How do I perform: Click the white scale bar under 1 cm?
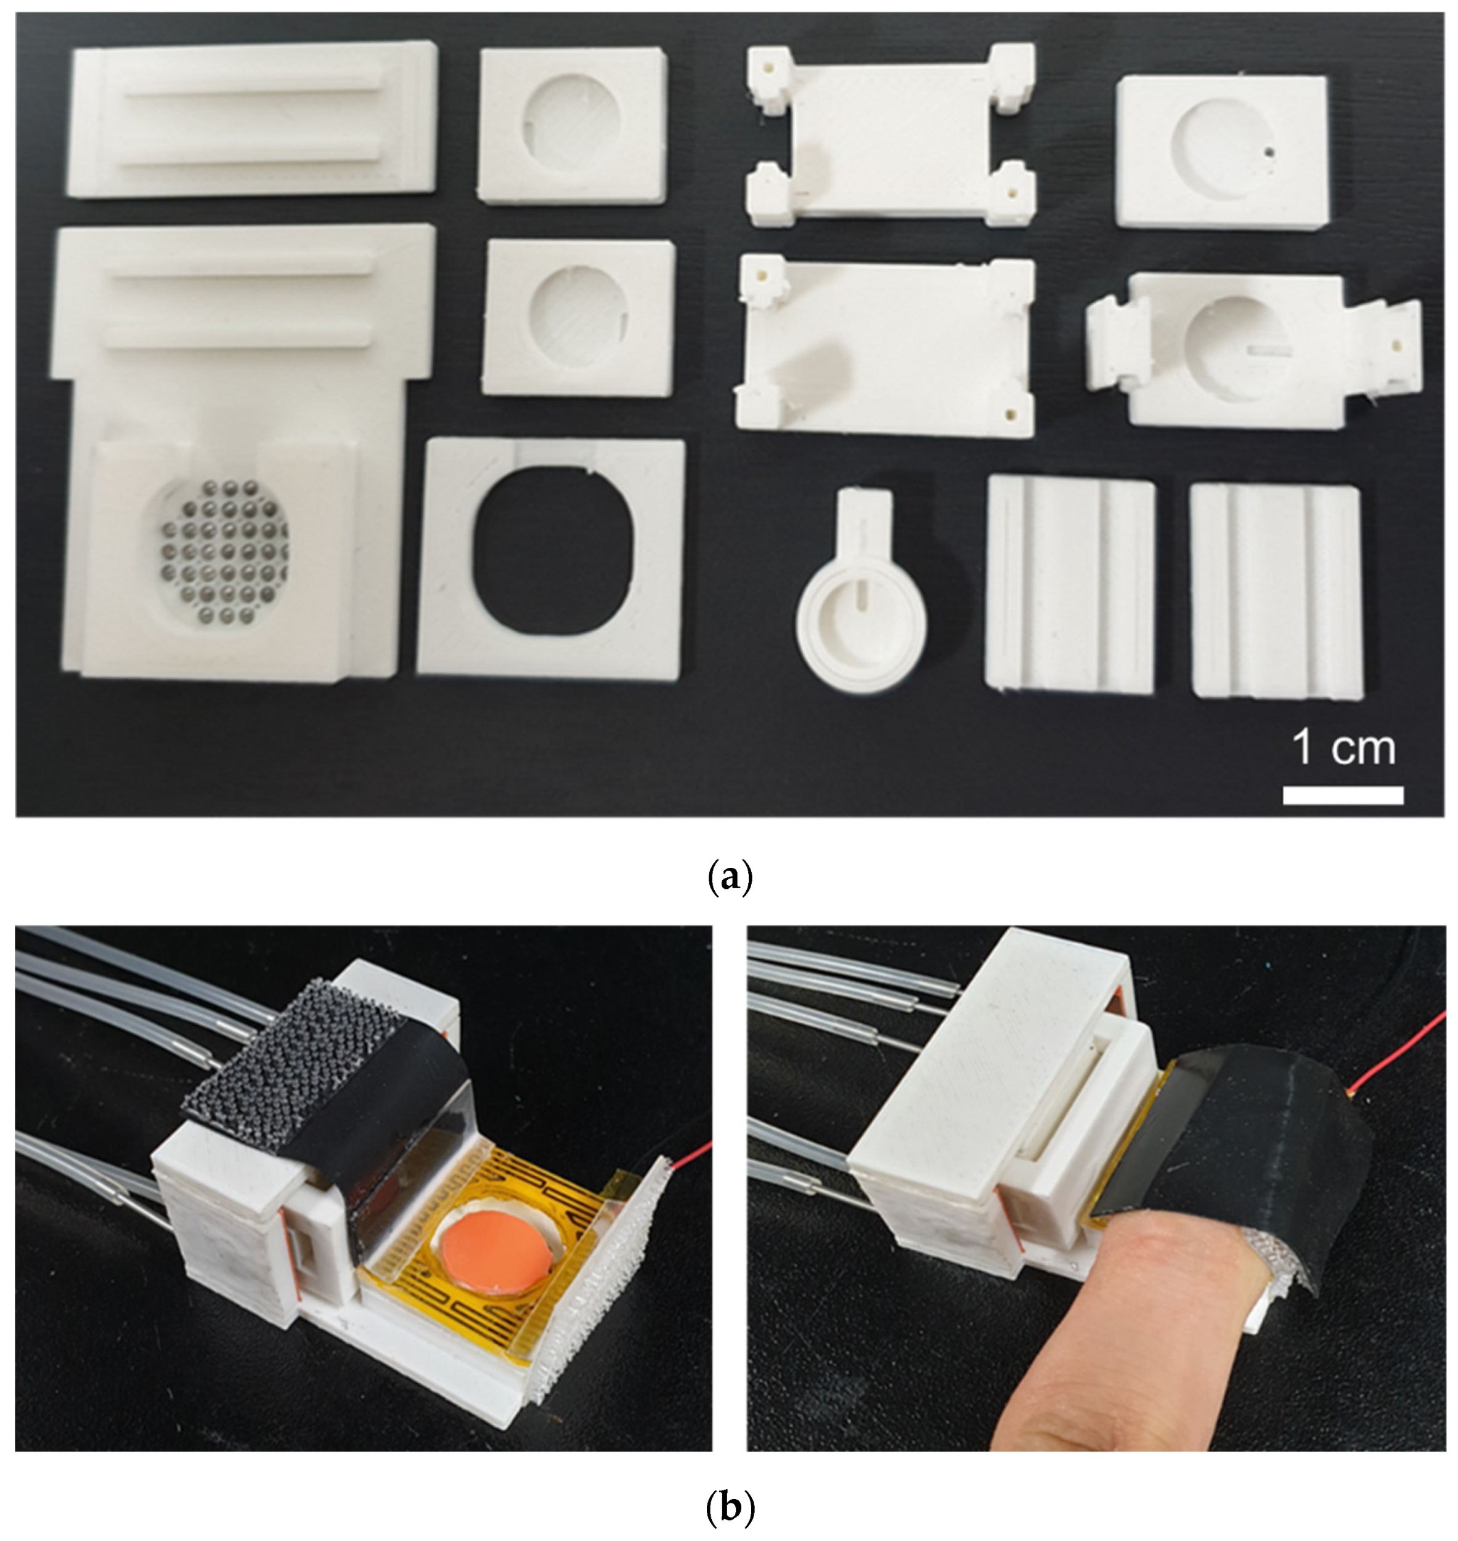coord(1343,795)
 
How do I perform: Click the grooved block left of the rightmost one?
coord(1071,583)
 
